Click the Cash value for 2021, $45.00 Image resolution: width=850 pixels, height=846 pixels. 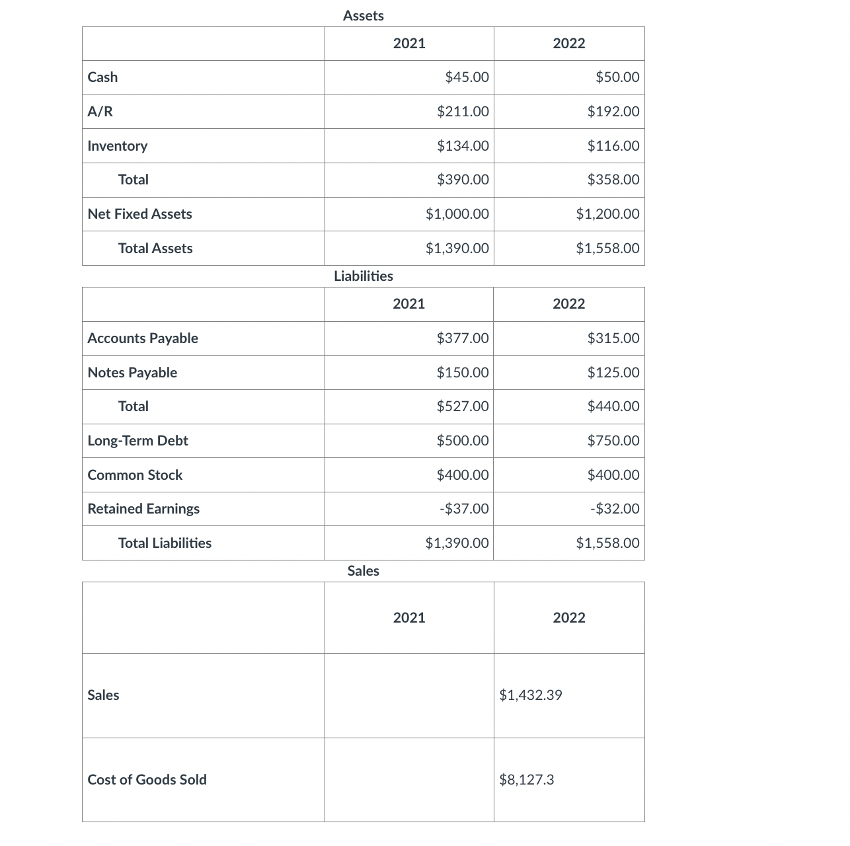467,77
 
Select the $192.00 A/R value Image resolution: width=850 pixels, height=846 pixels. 613,112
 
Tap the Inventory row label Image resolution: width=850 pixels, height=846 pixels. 118,146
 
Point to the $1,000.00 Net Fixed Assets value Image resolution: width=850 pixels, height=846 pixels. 457,214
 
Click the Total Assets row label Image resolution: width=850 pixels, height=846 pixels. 155,249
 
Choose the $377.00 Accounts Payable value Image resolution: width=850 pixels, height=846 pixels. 463,338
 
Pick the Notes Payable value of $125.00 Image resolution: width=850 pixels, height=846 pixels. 613,373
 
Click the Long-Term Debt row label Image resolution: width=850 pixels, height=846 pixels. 137,441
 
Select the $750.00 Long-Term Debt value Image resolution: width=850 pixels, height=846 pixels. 613,441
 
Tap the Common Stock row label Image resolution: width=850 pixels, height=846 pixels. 135,475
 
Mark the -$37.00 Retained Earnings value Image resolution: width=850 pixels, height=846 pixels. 464,509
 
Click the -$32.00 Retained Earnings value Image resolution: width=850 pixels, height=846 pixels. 614,509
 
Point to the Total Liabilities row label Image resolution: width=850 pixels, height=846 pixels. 165,543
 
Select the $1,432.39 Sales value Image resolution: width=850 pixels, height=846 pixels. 531,695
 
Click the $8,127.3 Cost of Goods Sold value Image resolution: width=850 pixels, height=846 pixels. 527,780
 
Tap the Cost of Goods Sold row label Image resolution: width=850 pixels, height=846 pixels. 147,780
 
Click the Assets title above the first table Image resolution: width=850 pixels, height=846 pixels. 364,16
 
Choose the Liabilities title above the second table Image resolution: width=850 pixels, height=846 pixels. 364,276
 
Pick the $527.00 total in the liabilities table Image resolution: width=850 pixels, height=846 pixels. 463,406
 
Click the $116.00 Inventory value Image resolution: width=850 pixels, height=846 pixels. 613,146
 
